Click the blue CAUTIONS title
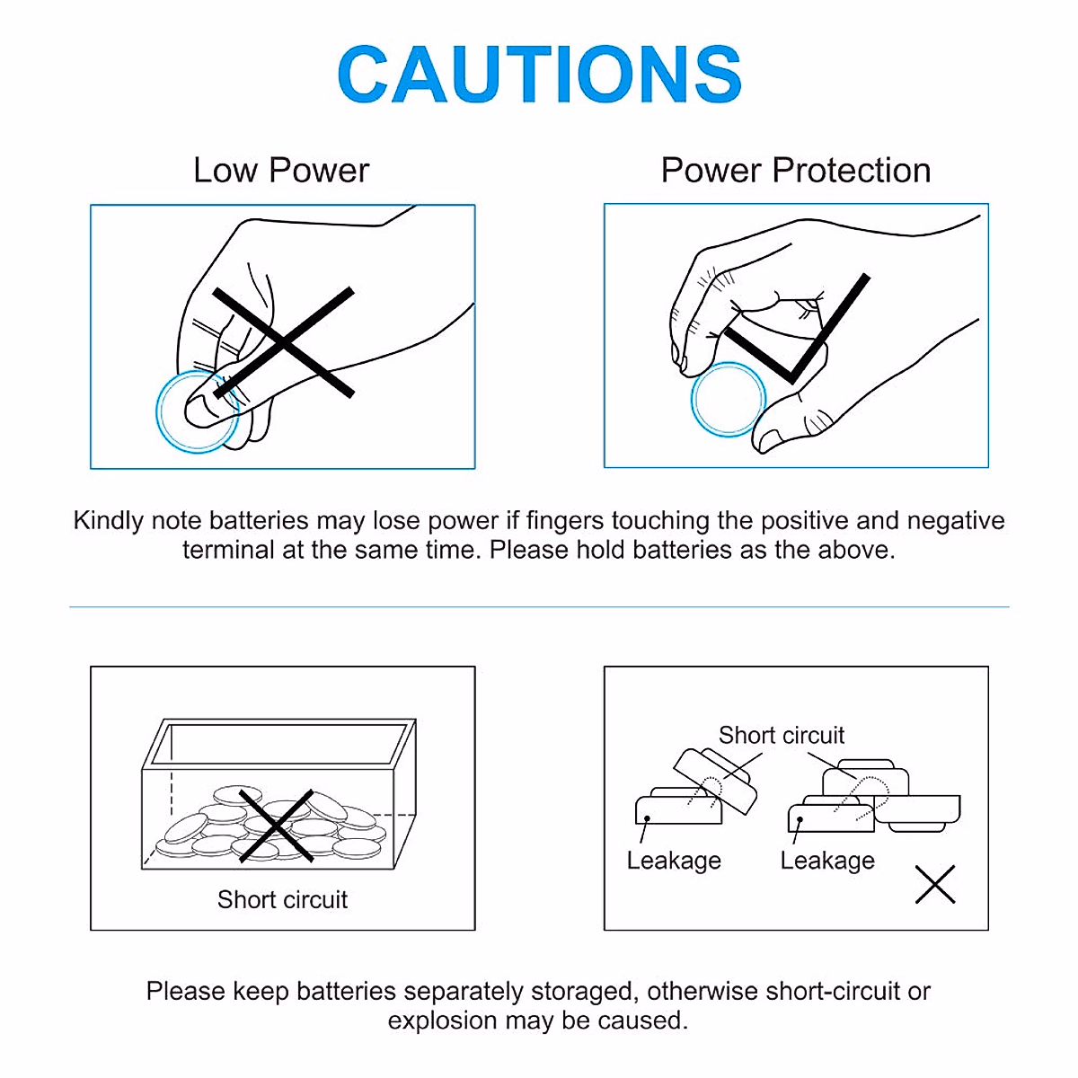click(539, 74)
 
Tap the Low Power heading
click(281, 170)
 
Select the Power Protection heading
click(796, 170)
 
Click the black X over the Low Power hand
click(283, 342)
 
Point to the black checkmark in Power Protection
click(797, 329)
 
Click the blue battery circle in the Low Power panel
click(197, 411)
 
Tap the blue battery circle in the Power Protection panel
click(728, 400)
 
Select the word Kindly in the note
click(109, 521)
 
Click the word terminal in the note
click(229, 550)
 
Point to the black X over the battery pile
click(277, 826)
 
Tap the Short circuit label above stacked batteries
click(781, 735)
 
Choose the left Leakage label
click(674, 861)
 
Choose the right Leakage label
click(827, 861)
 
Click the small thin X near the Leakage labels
click(935, 885)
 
